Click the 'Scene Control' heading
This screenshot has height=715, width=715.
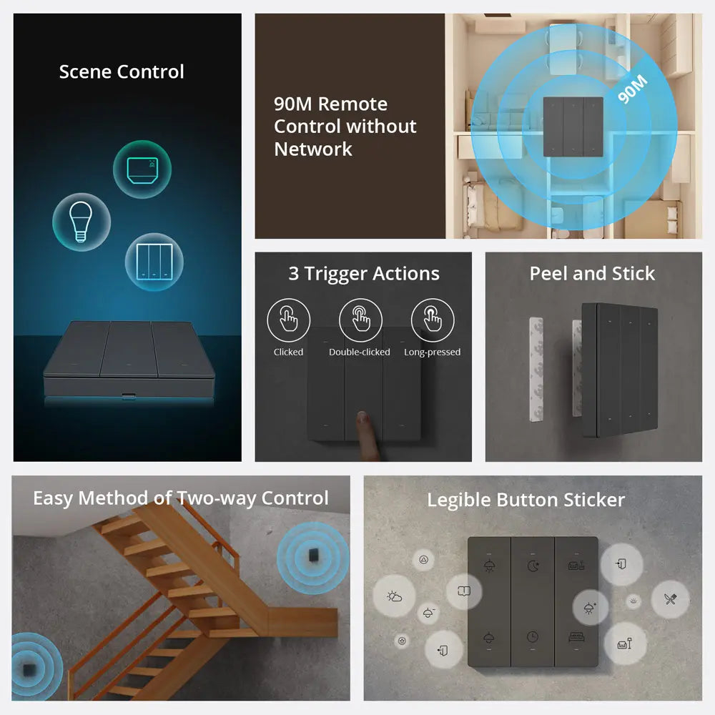(x=122, y=72)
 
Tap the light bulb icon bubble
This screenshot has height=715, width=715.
(x=82, y=222)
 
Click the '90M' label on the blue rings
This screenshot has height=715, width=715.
(x=632, y=89)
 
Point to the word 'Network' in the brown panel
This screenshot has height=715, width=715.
(x=313, y=149)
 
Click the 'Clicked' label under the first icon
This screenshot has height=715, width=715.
(x=288, y=352)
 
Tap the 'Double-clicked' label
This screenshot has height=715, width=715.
(x=360, y=352)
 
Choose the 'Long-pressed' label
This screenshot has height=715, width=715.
(x=432, y=352)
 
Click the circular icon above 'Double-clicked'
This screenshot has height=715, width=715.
(x=360, y=320)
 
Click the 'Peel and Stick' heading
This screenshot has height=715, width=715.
(x=592, y=274)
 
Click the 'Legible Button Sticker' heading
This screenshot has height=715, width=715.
(x=526, y=500)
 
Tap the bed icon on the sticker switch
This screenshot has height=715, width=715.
(x=576, y=636)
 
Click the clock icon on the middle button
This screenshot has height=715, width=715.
(x=533, y=636)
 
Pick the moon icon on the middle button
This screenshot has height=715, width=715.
(x=533, y=566)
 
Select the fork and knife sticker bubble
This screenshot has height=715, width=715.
(x=670, y=599)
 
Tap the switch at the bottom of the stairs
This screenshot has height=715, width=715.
(x=29, y=670)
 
